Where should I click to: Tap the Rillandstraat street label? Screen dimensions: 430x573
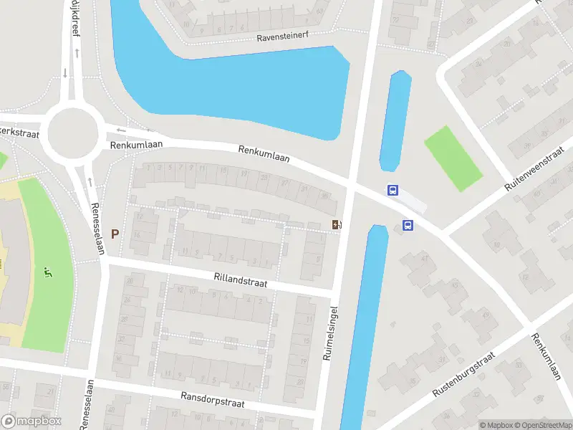tap(240, 279)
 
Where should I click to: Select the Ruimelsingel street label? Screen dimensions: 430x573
tap(331, 333)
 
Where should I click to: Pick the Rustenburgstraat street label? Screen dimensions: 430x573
tap(464, 375)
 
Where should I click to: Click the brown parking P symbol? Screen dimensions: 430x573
tap(115, 234)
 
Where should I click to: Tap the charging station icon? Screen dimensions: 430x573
tap(337, 225)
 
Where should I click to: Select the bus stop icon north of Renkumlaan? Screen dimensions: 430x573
tap(393, 191)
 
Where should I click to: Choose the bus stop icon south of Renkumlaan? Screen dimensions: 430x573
tap(408, 225)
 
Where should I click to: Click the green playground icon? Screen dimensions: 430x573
tap(48, 272)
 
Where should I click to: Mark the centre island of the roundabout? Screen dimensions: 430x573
tap(72, 133)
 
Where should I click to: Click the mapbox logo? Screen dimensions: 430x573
tap(32, 421)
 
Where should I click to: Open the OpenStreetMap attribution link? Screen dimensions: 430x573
tap(542, 425)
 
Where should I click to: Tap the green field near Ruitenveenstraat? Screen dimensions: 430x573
tap(453, 158)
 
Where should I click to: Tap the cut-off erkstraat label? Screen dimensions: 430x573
tap(17, 132)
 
